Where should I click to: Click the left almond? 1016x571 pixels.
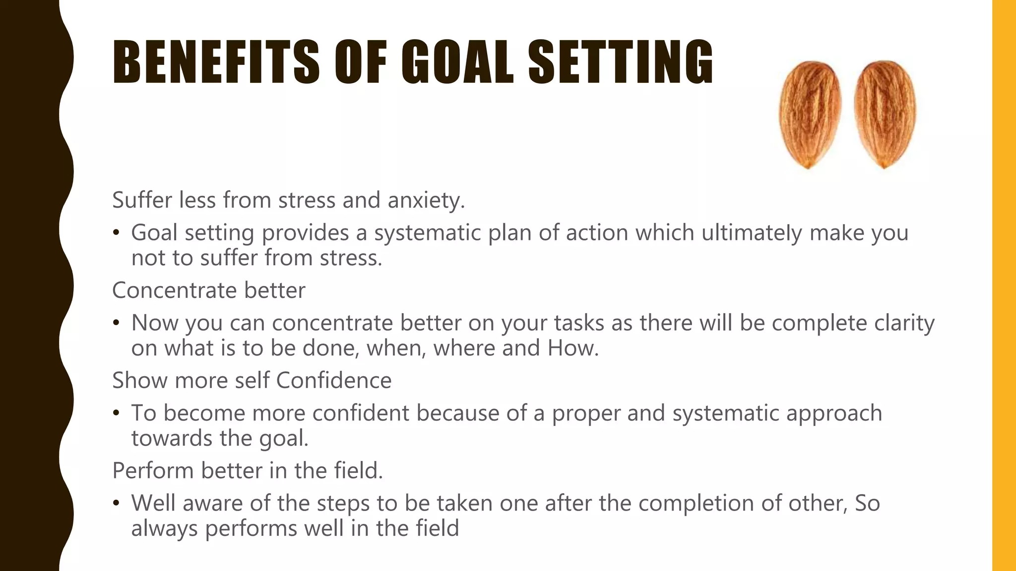click(810, 114)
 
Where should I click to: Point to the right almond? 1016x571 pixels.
click(885, 114)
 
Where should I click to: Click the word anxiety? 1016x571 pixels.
click(426, 200)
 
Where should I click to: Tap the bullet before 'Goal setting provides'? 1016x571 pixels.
click(116, 233)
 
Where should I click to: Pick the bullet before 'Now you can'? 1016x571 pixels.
click(116, 323)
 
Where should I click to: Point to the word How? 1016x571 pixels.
click(573, 348)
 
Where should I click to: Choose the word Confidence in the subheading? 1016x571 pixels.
click(333, 381)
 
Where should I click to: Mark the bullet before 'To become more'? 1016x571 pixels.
click(116, 413)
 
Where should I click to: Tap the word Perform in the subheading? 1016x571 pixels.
click(152, 471)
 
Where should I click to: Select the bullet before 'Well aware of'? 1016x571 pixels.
click(116, 504)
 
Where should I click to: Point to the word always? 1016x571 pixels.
click(164, 529)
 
